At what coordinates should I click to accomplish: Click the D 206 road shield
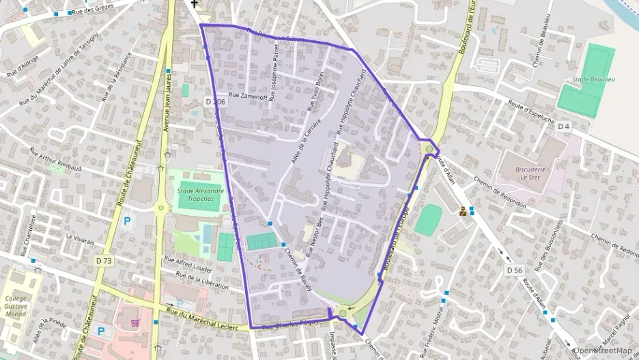214,102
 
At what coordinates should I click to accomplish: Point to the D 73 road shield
104,260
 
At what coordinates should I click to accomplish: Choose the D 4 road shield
563,126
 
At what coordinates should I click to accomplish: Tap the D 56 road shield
514,271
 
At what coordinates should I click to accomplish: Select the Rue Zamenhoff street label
248,96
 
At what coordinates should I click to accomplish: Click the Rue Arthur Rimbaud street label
56,158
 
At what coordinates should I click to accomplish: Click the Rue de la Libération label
201,280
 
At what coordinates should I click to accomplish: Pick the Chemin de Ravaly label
298,269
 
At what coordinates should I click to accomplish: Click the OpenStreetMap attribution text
606,350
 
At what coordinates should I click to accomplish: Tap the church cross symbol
194,4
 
